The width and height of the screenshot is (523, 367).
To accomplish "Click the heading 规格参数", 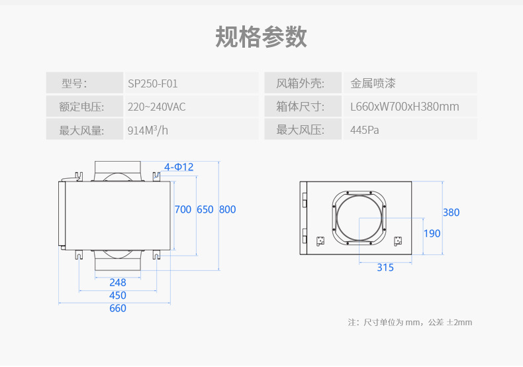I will coord(261,37).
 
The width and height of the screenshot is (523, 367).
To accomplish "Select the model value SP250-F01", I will coord(152,83).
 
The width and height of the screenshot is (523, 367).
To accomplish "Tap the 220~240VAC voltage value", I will coord(156,107).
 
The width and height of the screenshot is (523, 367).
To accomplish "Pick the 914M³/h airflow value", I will coord(148,130).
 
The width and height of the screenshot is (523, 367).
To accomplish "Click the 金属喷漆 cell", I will coord(373,83).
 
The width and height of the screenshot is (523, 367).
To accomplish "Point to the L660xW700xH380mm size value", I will coord(404,107).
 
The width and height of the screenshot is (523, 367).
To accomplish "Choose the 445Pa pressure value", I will coord(364,130).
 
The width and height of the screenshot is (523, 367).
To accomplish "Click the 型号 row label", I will coord(74,83).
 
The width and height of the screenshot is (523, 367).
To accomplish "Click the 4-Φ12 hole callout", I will coord(179,167).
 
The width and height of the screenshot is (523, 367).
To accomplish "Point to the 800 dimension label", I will coord(227,209).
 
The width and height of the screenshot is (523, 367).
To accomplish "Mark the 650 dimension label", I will coord(205,209).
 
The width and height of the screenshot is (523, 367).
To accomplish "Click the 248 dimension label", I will coord(118,282).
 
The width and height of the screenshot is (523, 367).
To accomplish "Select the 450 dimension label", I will coord(118,295).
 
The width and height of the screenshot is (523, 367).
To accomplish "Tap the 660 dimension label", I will coord(118,308).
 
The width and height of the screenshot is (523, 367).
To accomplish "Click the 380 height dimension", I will coord(451,213).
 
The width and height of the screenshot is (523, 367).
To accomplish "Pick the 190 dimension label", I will coord(432,233).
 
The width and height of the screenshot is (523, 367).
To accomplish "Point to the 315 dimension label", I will coord(385,268).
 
